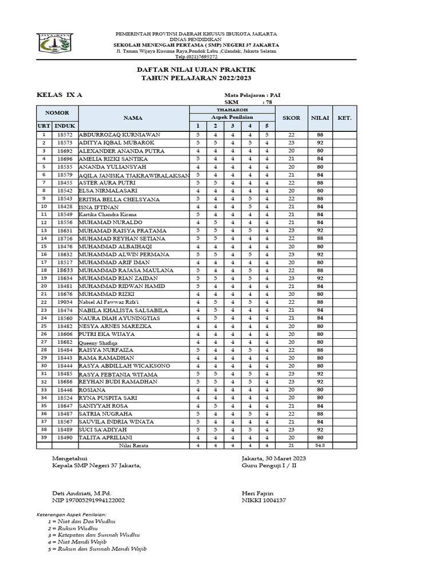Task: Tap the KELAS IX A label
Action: coord(60,95)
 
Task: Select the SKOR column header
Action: coord(291,118)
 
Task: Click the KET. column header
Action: coord(344,118)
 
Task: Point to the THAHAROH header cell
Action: coord(231,109)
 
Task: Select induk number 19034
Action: coord(65,302)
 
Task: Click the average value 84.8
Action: coord(320,445)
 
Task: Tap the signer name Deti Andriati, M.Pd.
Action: coord(81,493)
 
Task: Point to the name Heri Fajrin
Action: coord(258,493)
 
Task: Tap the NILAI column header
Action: coord(320,118)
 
